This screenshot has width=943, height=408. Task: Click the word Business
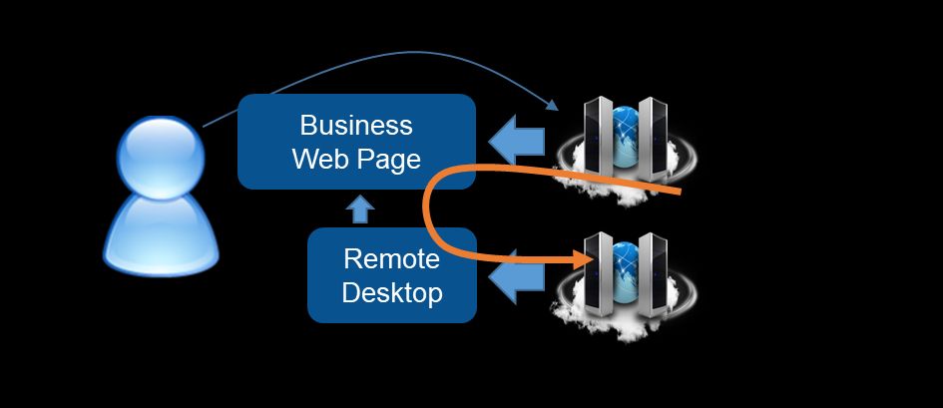356,126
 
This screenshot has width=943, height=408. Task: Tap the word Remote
391,259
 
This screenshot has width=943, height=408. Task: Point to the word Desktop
391,293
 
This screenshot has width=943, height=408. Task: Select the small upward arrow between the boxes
361,208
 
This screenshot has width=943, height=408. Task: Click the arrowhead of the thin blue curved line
552,107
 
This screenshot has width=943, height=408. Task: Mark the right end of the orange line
679,189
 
